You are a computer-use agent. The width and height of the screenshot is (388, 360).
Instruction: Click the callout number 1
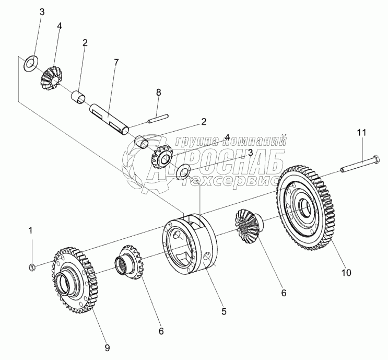click(x=31, y=230)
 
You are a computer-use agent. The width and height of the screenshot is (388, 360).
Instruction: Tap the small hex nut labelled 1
click(x=31, y=268)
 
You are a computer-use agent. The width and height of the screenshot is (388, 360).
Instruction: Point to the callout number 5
click(x=224, y=311)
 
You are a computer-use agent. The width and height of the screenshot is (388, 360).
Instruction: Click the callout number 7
click(x=116, y=62)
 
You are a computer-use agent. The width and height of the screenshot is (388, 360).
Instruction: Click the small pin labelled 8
click(x=157, y=120)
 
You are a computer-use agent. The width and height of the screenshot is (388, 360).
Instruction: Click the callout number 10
click(x=347, y=272)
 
